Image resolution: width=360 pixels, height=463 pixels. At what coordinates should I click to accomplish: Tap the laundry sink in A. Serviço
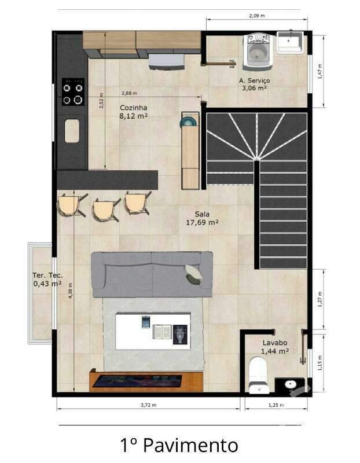(289, 43)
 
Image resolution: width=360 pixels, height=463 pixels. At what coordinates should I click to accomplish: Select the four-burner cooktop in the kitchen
(74, 94)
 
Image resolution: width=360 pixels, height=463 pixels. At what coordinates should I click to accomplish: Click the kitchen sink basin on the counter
(72, 130)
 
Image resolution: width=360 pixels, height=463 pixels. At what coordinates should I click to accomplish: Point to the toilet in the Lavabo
(256, 374)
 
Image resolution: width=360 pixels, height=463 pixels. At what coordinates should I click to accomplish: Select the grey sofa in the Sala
(152, 274)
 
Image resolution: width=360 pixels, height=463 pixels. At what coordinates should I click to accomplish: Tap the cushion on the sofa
(193, 274)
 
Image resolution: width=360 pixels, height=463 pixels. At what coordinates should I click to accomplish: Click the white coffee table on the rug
(153, 331)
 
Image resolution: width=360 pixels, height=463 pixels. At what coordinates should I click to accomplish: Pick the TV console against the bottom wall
(146, 381)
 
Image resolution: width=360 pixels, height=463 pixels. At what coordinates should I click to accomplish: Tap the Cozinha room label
(133, 108)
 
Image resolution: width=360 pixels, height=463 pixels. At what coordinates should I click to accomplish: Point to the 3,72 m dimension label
(148, 406)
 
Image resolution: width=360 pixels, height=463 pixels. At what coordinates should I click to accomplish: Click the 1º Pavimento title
(179, 445)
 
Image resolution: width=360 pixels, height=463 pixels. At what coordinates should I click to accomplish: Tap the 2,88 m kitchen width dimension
(130, 93)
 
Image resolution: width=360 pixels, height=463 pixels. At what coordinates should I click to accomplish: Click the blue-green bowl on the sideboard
(189, 122)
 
